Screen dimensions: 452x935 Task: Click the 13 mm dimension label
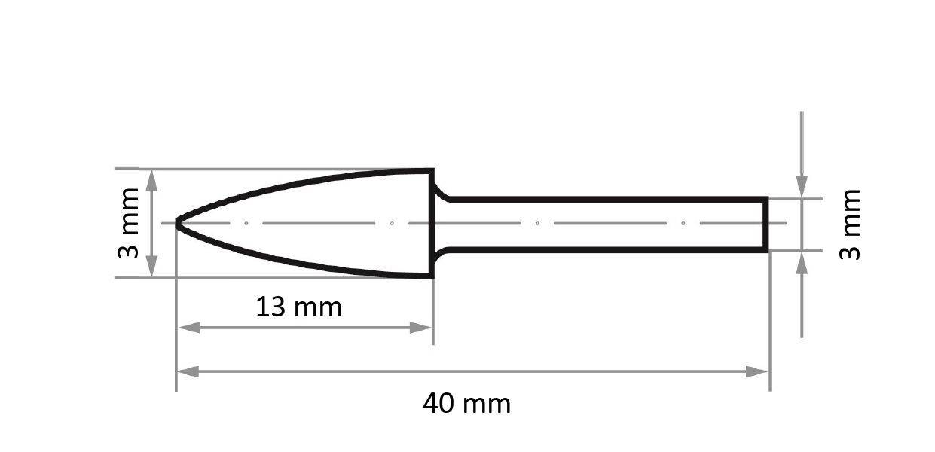(x=298, y=307)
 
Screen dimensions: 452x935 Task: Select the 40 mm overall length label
(x=466, y=404)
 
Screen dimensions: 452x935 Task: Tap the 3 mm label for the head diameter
(x=129, y=223)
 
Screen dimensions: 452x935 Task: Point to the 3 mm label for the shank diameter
(x=849, y=224)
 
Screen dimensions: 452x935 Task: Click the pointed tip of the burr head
(x=178, y=223)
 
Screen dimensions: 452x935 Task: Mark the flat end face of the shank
(x=766, y=224)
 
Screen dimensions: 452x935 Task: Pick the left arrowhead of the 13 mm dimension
(x=188, y=328)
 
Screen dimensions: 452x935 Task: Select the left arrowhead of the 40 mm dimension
(x=188, y=371)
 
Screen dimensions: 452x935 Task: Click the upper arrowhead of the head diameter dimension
(x=151, y=179)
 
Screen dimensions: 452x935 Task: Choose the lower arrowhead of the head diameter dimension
(x=151, y=267)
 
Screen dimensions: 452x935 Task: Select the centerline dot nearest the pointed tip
(x=246, y=223)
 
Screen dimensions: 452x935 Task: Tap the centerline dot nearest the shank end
(x=683, y=223)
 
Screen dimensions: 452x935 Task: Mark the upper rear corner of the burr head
(x=432, y=171)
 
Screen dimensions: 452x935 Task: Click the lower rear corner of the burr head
(x=432, y=276)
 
